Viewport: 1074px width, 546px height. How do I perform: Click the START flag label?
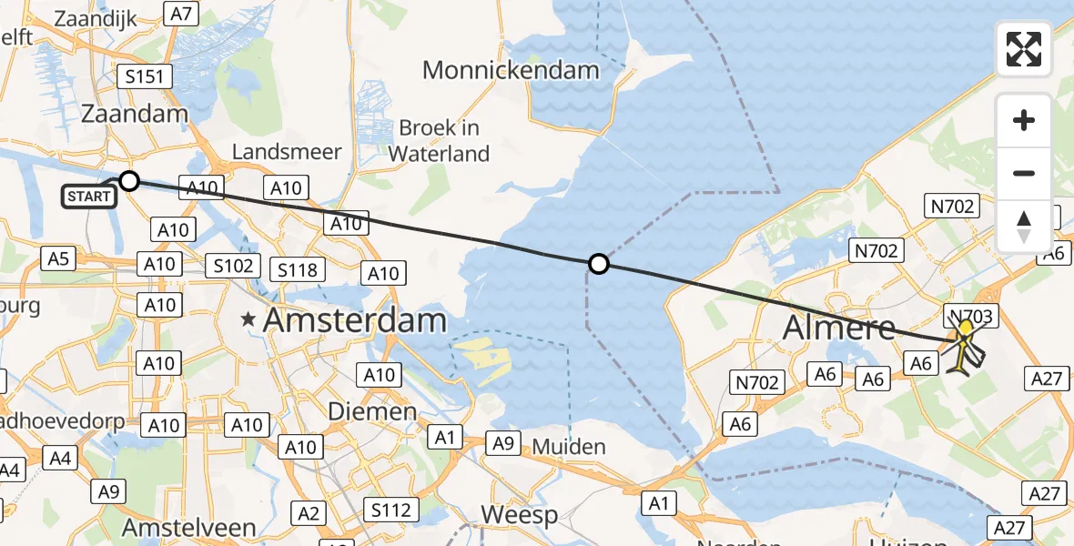[x=90, y=195]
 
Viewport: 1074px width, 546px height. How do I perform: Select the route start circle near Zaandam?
[x=129, y=181]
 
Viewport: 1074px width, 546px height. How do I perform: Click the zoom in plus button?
[x=1024, y=120]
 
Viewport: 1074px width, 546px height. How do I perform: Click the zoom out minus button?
[x=1024, y=173]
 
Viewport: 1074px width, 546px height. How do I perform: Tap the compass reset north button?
[x=1024, y=226]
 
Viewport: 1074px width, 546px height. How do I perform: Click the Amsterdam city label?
[x=355, y=320]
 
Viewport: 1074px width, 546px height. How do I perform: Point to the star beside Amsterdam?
[x=248, y=320]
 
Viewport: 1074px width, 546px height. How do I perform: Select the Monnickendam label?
[x=511, y=70]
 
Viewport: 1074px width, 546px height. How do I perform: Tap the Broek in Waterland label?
[x=439, y=141]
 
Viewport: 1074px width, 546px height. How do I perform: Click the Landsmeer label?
[x=287, y=152]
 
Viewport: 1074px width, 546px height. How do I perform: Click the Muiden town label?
[x=569, y=447]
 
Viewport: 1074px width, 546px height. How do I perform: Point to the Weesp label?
[x=519, y=515]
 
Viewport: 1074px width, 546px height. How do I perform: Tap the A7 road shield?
[x=182, y=14]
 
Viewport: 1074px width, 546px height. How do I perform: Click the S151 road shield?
[x=146, y=76]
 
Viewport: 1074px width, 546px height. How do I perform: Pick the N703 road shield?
[x=974, y=316]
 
